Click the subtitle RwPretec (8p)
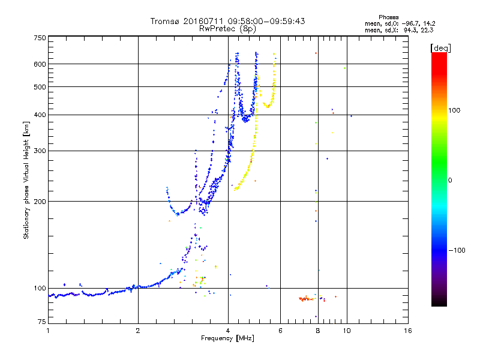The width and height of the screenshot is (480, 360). pyautogui.click(x=227, y=29)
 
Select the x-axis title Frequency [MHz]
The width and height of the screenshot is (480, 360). pyautogui.click(x=227, y=338)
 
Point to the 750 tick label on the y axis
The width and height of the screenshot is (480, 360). pyautogui.click(x=40, y=38)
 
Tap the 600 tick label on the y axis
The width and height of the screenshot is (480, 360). pyautogui.click(x=40, y=64)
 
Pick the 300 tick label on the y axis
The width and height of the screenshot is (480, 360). pyautogui.click(x=40, y=151)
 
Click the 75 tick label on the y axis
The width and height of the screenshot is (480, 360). pyautogui.click(x=42, y=322)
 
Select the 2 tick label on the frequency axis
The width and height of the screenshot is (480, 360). pyautogui.click(x=138, y=331)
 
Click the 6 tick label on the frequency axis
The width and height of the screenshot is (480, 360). pyautogui.click(x=280, y=331)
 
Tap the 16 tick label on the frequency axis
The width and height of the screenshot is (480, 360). pyautogui.click(x=408, y=331)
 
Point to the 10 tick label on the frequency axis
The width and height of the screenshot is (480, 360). pyautogui.click(x=347, y=331)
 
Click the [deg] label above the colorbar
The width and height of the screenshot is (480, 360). pyautogui.click(x=440, y=48)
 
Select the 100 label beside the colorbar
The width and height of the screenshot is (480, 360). pyautogui.click(x=454, y=110)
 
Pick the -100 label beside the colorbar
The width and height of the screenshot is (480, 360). pyautogui.click(x=457, y=250)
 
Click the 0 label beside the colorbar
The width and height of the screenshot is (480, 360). pyautogui.click(x=450, y=180)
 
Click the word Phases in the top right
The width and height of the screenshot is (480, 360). pyautogui.click(x=388, y=17)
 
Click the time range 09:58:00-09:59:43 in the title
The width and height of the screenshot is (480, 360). pyautogui.click(x=266, y=21)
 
